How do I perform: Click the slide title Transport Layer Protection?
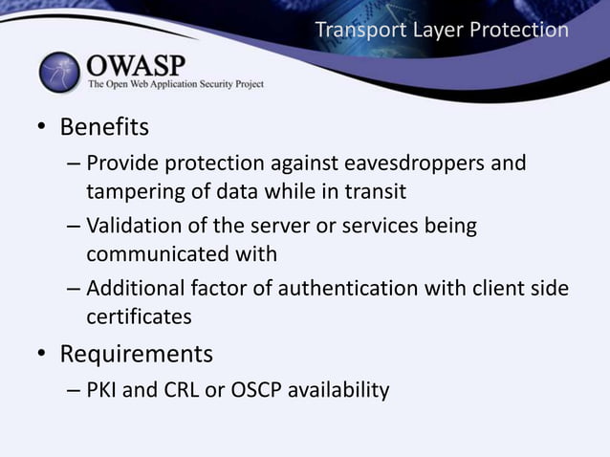pyautogui.click(x=442, y=31)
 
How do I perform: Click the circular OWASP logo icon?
pyautogui.click(x=60, y=71)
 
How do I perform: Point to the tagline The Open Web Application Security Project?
pyautogui.click(x=176, y=84)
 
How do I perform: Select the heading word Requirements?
pyautogui.click(x=136, y=354)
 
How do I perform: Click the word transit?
pyautogui.click(x=374, y=191)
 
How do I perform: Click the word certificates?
pyautogui.click(x=140, y=316)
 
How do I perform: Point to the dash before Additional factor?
pyautogui.click(x=74, y=289)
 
